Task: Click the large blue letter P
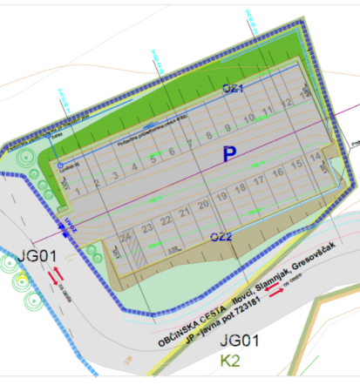(229, 154)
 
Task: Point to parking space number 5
(153, 159)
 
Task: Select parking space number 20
(202, 206)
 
